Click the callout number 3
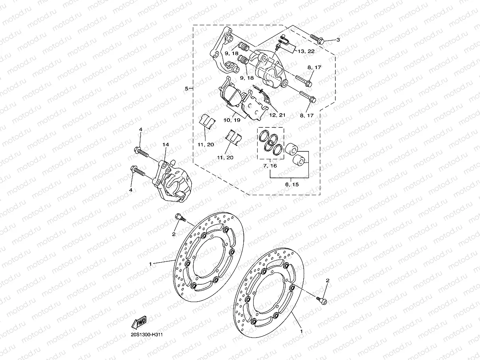338,40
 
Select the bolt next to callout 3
317,39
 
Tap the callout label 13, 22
306,52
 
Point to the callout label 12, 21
277,115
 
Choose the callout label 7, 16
271,166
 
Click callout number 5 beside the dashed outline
187,89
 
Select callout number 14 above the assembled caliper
166,145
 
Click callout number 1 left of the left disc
150,263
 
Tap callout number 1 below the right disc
302,332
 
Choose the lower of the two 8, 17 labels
306,116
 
